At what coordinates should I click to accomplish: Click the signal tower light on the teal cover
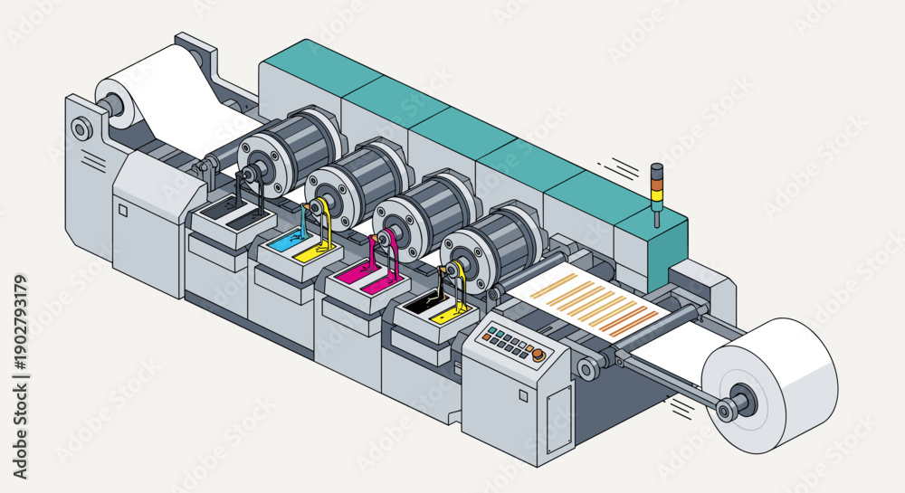tap(657, 194)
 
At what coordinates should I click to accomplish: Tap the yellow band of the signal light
tap(657, 194)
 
